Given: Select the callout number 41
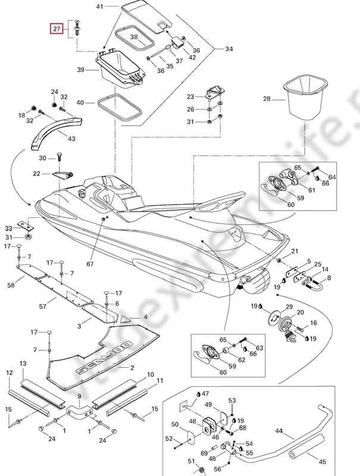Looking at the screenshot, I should [99, 7].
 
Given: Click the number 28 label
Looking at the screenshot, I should [267, 99].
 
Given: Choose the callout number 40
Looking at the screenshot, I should [81, 102].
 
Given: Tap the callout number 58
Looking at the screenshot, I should [11, 286].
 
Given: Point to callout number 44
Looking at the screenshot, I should [279, 430].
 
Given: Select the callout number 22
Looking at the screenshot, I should [36, 174].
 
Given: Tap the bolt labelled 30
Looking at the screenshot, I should [60, 158].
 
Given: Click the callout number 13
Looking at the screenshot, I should [23, 363].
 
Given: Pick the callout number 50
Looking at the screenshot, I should [175, 424].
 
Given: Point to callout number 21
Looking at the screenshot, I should [295, 251].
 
